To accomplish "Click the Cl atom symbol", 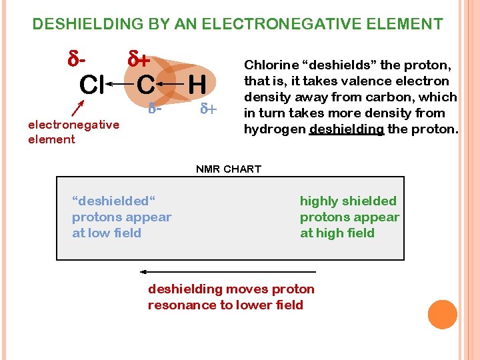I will pos(91,85).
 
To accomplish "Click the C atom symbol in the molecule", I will pos(146,85).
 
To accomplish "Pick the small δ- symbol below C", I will pos(155,107).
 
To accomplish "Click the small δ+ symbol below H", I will pos(209,108).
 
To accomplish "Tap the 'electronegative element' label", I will pos(73,131).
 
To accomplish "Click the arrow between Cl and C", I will pos(120,85).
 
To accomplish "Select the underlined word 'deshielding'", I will pos(347,129).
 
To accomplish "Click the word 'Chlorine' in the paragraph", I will pos(271,65).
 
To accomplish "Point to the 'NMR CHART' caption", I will pos(229,169).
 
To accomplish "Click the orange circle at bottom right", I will pos(442,315).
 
